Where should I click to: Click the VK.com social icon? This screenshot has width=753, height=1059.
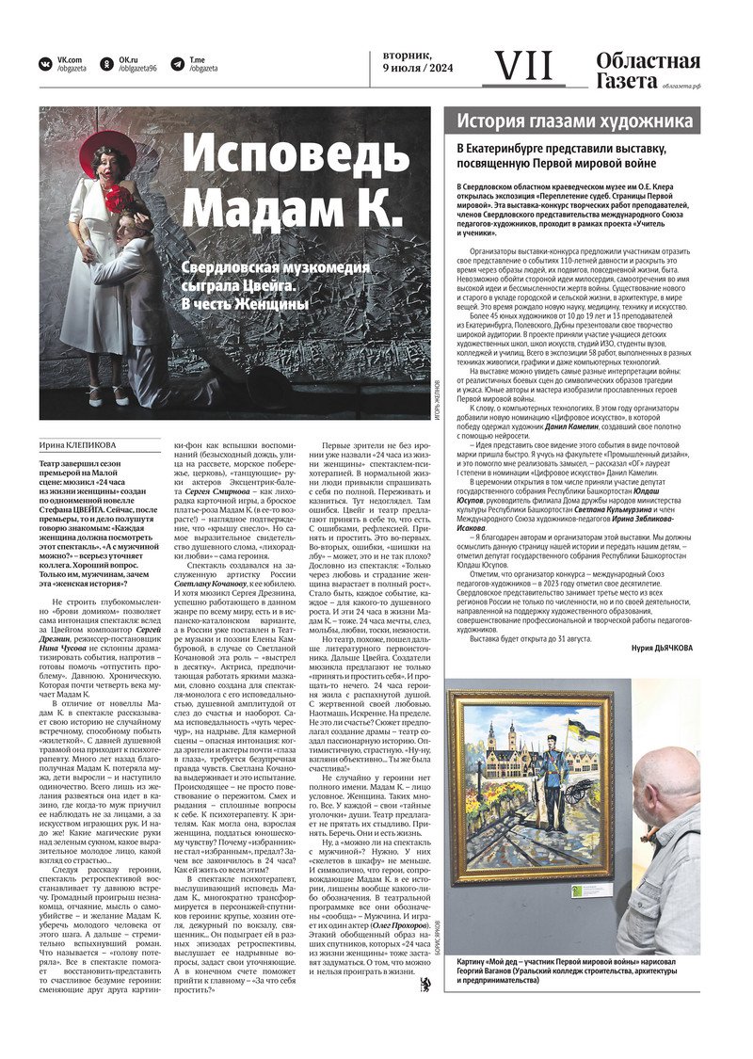tap(45, 64)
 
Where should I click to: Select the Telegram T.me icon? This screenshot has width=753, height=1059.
tap(178, 64)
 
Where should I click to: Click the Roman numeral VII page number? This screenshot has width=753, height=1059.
tap(524, 66)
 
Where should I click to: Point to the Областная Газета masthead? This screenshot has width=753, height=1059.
tap(648, 72)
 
